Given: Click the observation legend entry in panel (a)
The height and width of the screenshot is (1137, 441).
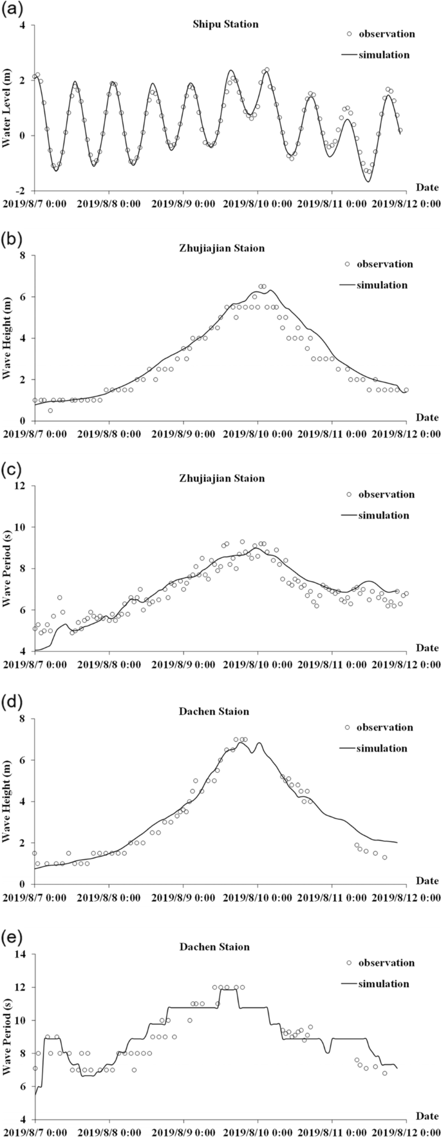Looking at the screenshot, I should tap(378, 34).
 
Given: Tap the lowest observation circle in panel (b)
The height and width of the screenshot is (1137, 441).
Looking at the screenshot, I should tap(50, 411).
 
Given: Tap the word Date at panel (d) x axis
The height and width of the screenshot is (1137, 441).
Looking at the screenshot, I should tap(426, 880).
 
